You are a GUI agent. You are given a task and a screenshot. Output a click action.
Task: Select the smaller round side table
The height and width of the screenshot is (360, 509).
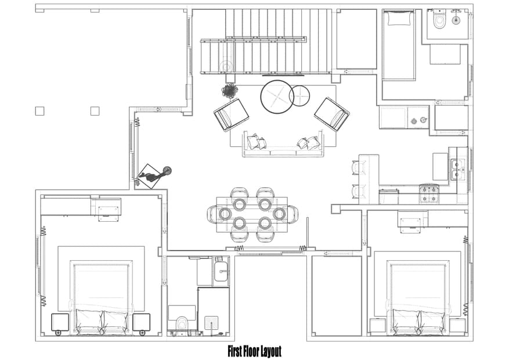click(x=299, y=96)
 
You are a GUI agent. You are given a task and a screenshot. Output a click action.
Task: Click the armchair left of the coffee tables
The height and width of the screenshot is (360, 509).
click(x=231, y=114)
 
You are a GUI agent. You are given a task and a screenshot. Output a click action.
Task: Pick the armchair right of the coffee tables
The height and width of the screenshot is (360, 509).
click(x=331, y=113)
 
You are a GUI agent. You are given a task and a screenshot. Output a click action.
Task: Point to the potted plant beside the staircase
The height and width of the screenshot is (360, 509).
click(x=230, y=91)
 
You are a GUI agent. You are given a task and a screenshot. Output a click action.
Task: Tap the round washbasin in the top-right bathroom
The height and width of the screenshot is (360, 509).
click(x=456, y=20)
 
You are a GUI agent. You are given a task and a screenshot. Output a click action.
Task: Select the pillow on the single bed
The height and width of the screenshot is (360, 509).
click(x=399, y=19)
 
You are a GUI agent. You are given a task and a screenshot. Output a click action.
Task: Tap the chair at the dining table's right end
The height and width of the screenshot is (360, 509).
click(x=293, y=214)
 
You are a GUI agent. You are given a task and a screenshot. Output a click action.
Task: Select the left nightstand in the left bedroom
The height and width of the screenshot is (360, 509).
click(x=60, y=323)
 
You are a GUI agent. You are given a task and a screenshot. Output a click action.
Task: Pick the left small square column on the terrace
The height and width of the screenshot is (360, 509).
click(x=39, y=111)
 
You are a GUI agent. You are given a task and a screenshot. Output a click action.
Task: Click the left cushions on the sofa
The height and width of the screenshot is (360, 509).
click(x=256, y=142)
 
